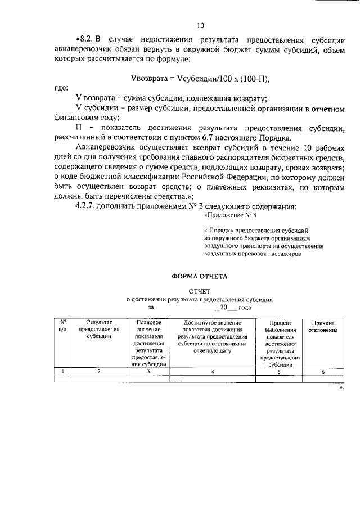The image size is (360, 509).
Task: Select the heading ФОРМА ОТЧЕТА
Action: pyautogui.click(x=200, y=276)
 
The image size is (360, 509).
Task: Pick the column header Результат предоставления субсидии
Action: pyautogui.click(x=99, y=329)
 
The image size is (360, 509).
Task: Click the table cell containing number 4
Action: pyautogui.click(x=212, y=371)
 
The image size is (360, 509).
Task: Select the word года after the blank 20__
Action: pyautogui.click(x=245, y=308)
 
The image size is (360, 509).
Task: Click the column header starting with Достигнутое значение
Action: pyautogui.click(x=212, y=336)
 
